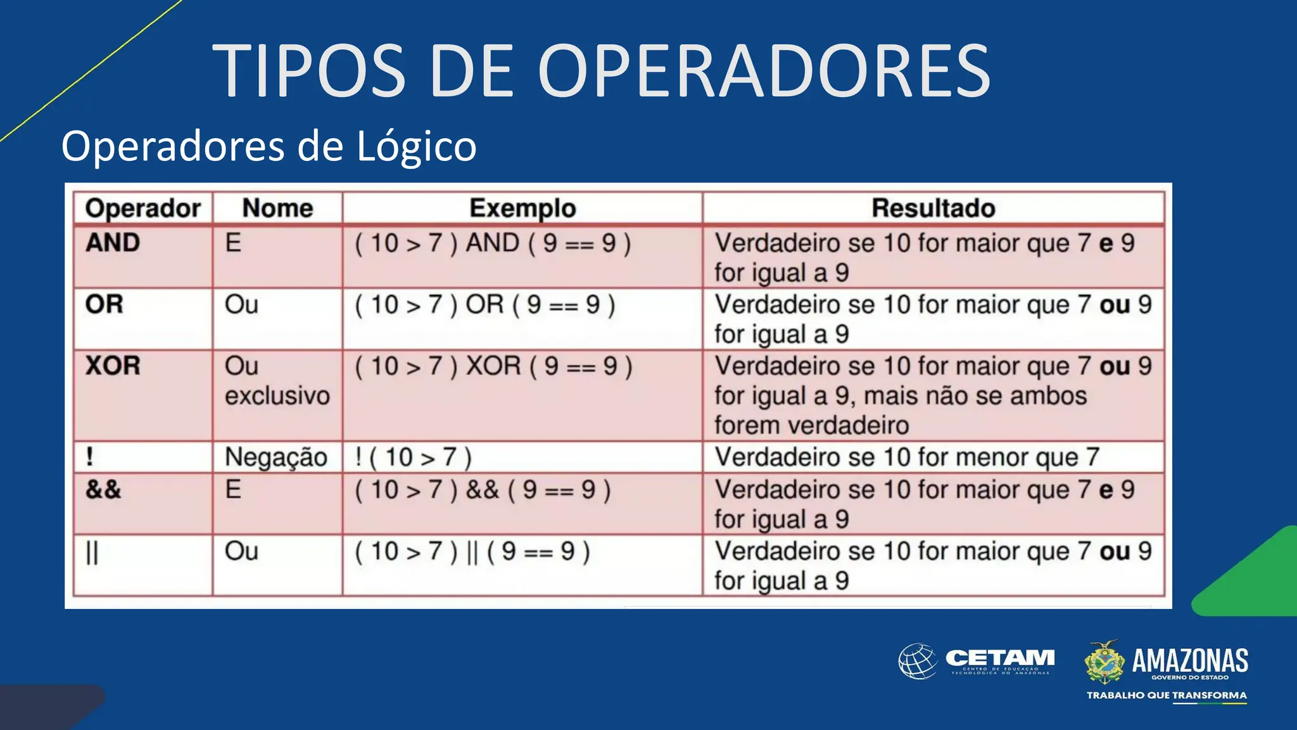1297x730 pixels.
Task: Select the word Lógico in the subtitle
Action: pos(416,147)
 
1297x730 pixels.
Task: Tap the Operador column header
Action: pos(142,208)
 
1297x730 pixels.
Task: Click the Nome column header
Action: pos(277,208)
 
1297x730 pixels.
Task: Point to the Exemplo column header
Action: pos(522,208)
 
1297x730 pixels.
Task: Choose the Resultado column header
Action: pos(933,208)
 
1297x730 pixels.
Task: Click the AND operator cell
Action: pos(113,243)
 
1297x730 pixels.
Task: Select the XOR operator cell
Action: pos(113,366)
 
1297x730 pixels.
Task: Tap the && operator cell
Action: pos(103,489)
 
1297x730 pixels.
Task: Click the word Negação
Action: pos(276,458)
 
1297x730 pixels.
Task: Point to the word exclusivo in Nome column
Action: pos(277,396)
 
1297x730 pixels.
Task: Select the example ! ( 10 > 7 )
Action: pos(414,458)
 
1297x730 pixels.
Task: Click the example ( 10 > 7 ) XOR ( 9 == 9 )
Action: pos(493,366)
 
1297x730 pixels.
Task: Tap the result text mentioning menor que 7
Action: pos(907,458)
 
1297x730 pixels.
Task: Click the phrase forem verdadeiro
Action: pos(811,425)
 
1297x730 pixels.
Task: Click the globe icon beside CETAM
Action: pos(918,661)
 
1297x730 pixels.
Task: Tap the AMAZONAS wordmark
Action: pos(1189,660)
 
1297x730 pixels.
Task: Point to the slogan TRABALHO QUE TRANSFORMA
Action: pos(1167,695)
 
